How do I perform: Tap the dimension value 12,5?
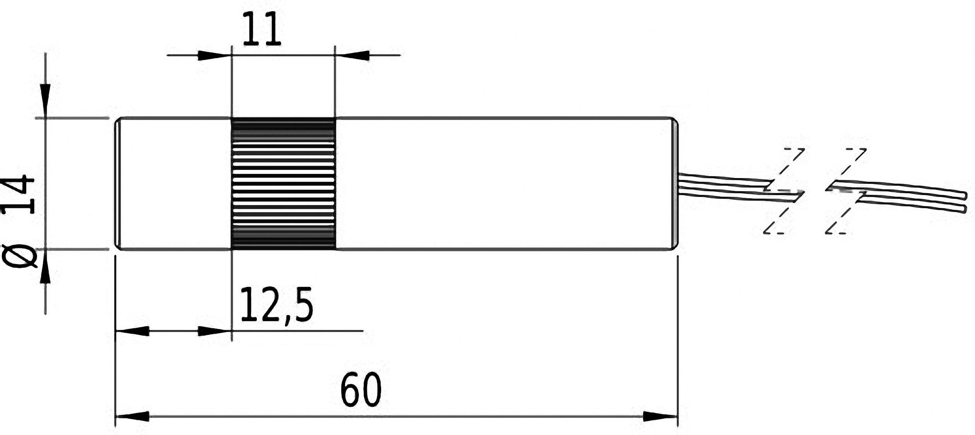[x=276, y=305]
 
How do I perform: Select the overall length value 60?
[x=361, y=390]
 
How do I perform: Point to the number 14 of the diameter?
[x=18, y=195]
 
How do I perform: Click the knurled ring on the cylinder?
[x=283, y=183]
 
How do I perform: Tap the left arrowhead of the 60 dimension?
[x=133, y=416]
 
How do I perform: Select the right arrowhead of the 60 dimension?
[x=660, y=416]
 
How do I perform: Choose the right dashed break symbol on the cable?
[x=846, y=191]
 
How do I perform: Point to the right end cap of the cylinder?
[x=675, y=183]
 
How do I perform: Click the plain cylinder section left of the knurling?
[x=174, y=183]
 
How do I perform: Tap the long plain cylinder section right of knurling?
[x=503, y=183]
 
